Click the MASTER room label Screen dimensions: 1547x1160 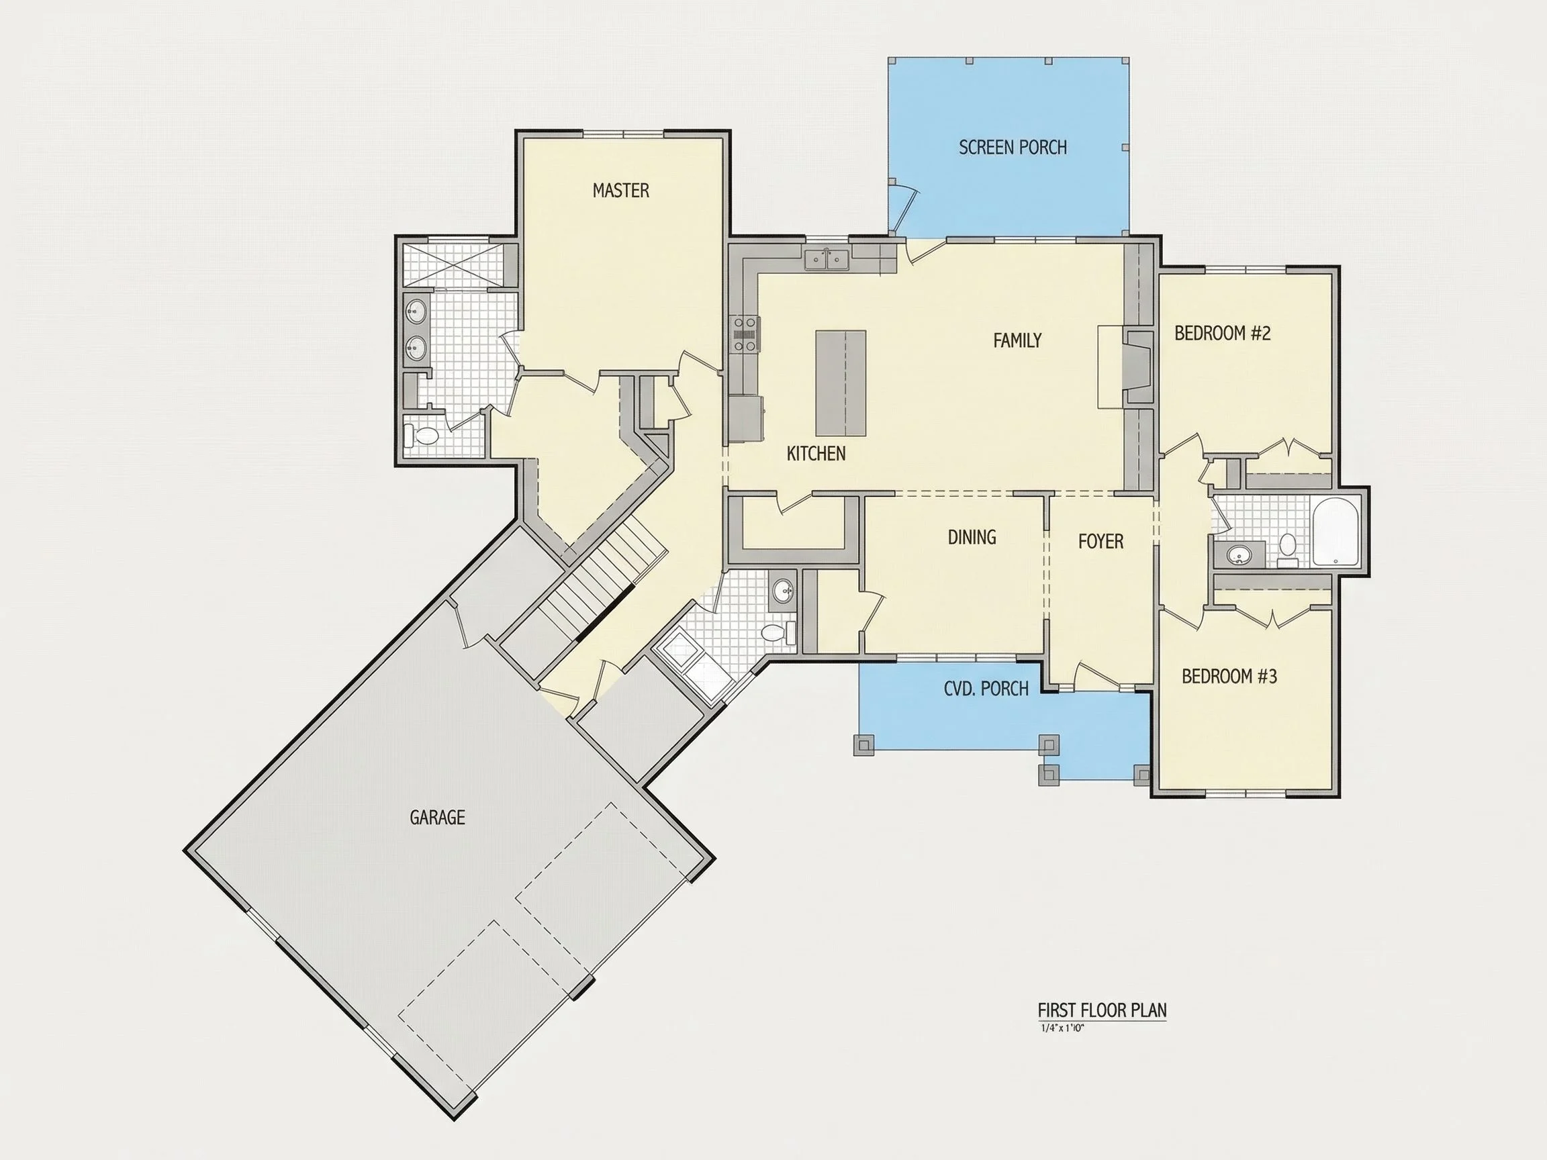(620, 190)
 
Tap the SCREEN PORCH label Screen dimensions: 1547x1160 (1013, 148)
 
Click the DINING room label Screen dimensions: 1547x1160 (972, 537)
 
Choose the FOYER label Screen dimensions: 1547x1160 (1100, 541)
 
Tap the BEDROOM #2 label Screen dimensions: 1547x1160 (1223, 334)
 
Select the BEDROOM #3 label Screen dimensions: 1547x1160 (1229, 676)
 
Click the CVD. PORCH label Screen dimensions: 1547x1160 (986, 689)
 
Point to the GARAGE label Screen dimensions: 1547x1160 (437, 817)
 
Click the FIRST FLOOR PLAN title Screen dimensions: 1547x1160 (1103, 1010)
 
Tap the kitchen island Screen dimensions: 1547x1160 (841, 383)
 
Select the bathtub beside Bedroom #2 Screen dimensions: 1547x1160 (1335, 531)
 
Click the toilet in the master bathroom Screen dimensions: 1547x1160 (422, 436)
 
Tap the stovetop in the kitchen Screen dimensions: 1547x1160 (745, 334)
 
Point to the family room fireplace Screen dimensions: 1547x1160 (1137, 367)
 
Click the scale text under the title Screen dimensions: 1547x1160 (1062, 1028)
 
